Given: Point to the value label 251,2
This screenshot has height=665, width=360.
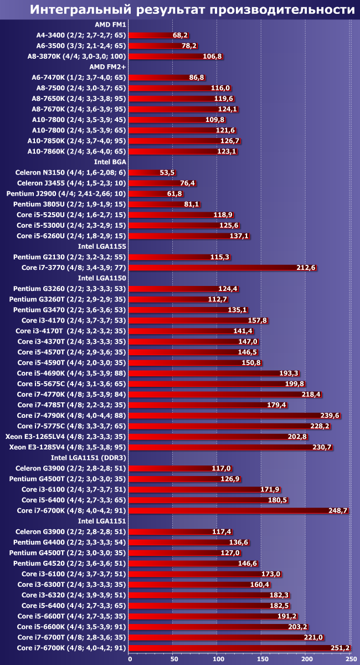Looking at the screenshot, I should (336, 648).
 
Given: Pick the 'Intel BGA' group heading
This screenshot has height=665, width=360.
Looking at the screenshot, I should (110, 162).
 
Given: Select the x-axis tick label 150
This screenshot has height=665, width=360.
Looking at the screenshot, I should (262, 659).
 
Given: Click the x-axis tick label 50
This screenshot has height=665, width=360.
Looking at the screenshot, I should (173, 659).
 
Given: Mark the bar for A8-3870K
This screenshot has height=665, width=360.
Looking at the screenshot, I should (177, 57).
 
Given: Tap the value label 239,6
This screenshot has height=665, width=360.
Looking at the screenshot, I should (330, 416).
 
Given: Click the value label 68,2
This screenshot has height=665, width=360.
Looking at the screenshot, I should (181, 35).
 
